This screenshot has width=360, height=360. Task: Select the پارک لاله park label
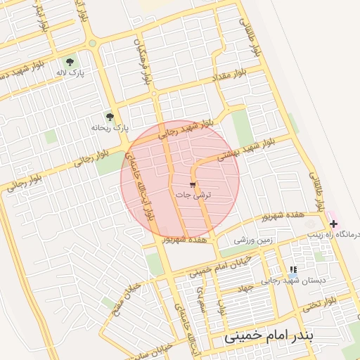(71, 72)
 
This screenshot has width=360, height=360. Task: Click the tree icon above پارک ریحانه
(109, 116)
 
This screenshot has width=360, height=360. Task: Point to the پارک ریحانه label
(110, 128)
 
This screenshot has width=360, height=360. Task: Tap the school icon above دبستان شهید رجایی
(293, 269)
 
